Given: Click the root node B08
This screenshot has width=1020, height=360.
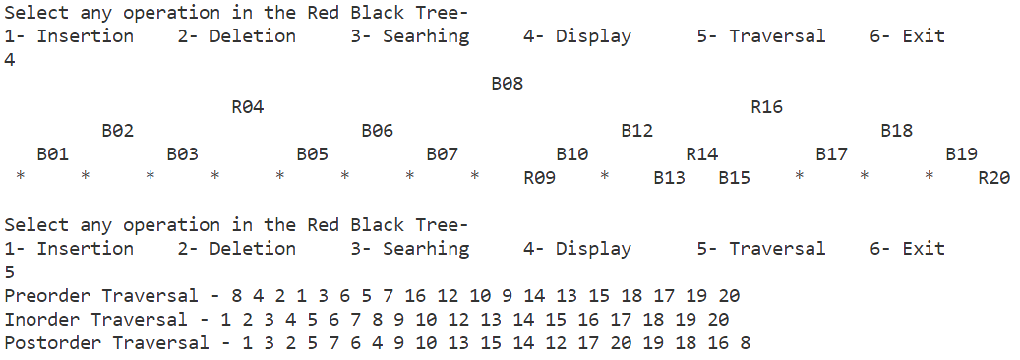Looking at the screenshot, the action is pos(507,84).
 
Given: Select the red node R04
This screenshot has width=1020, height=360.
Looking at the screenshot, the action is pos(247,107).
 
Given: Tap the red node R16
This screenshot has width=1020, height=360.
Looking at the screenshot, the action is pos(766,107).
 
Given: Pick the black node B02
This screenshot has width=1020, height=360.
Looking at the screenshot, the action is pos(117,131).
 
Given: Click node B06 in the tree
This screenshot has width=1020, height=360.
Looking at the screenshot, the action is pos(377,131).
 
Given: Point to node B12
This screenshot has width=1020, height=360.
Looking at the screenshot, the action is pos(636,131).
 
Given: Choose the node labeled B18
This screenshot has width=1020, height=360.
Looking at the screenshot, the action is pos(896,131).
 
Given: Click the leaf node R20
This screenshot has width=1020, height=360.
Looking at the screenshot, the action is pos(993,178).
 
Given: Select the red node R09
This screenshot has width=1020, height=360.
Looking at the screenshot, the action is pos(539,178).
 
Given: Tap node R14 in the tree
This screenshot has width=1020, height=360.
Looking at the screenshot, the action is pos(701,154).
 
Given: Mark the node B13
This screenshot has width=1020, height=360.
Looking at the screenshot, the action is pos(669,178).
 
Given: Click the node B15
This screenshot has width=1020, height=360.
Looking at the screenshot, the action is pos(734,178).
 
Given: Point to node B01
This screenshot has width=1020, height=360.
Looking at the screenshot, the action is pos(52,154).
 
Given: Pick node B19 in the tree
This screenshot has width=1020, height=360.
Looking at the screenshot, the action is pos(961,154).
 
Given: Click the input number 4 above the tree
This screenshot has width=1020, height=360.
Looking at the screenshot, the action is pos(10,60).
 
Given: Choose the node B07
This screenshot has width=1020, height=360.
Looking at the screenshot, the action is pos(442,154).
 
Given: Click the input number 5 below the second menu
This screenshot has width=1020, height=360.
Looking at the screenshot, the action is pos(10,272).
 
